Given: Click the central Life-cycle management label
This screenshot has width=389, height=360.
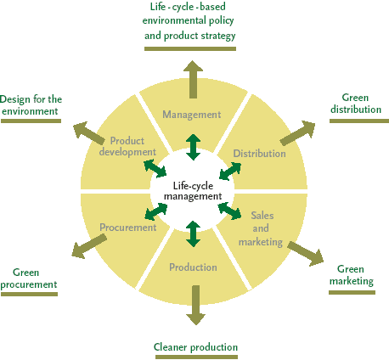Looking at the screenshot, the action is [193, 191].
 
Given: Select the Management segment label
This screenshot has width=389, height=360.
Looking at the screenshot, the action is [192, 115].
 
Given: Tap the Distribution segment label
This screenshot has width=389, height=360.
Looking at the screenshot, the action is [259, 154].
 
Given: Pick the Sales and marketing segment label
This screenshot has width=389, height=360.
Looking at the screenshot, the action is [261, 229].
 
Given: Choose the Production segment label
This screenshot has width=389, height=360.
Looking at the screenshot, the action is [193, 267].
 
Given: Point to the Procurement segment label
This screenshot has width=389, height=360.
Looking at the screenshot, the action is [128, 228].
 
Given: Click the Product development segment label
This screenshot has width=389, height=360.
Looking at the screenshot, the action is [127, 146].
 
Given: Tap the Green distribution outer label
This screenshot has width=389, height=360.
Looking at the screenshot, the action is [356, 104].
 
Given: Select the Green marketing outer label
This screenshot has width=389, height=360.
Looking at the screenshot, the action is [352, 275].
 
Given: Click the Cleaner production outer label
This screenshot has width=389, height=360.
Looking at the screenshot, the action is [195, 347].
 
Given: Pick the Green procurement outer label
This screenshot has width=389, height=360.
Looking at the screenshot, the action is [29, 278].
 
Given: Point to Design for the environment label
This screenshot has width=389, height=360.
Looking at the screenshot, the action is [31, 105].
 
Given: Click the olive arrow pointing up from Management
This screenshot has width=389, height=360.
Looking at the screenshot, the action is [193, 79].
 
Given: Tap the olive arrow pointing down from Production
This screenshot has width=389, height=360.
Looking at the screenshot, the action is [195, 305].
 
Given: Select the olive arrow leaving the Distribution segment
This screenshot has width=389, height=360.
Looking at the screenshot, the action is [298, 132].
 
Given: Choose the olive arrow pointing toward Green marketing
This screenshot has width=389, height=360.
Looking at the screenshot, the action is [306, 254].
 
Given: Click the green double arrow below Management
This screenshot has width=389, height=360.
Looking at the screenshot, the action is [194, 147].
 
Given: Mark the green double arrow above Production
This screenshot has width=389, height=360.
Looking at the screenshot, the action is [194, 233].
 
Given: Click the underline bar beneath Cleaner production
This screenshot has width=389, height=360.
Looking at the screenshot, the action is [196, 357].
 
